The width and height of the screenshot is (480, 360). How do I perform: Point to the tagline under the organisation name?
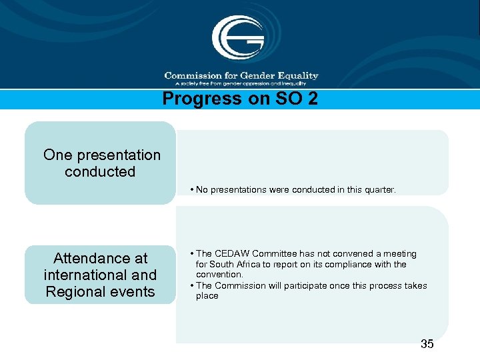pyautogui.click(x=240, y=84)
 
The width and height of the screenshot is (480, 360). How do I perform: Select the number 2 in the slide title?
pyautogui.click(x=313, y=99)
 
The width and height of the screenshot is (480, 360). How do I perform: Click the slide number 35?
pyautogui.click(x=427, y=344)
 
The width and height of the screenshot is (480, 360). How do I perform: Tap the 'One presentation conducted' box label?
pyautogui.click(x=101, y=163)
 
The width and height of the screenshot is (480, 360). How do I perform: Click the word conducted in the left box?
pyautogui.click(x=100, y=172)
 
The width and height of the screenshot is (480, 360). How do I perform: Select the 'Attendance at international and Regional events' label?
pyautogui.click(x=100, y=275)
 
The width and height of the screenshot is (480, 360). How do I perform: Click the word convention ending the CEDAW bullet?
pyautogui.click(x=219, y=275)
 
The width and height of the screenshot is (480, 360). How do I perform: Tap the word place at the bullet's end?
pyautogui.click(x=207, y=296)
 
